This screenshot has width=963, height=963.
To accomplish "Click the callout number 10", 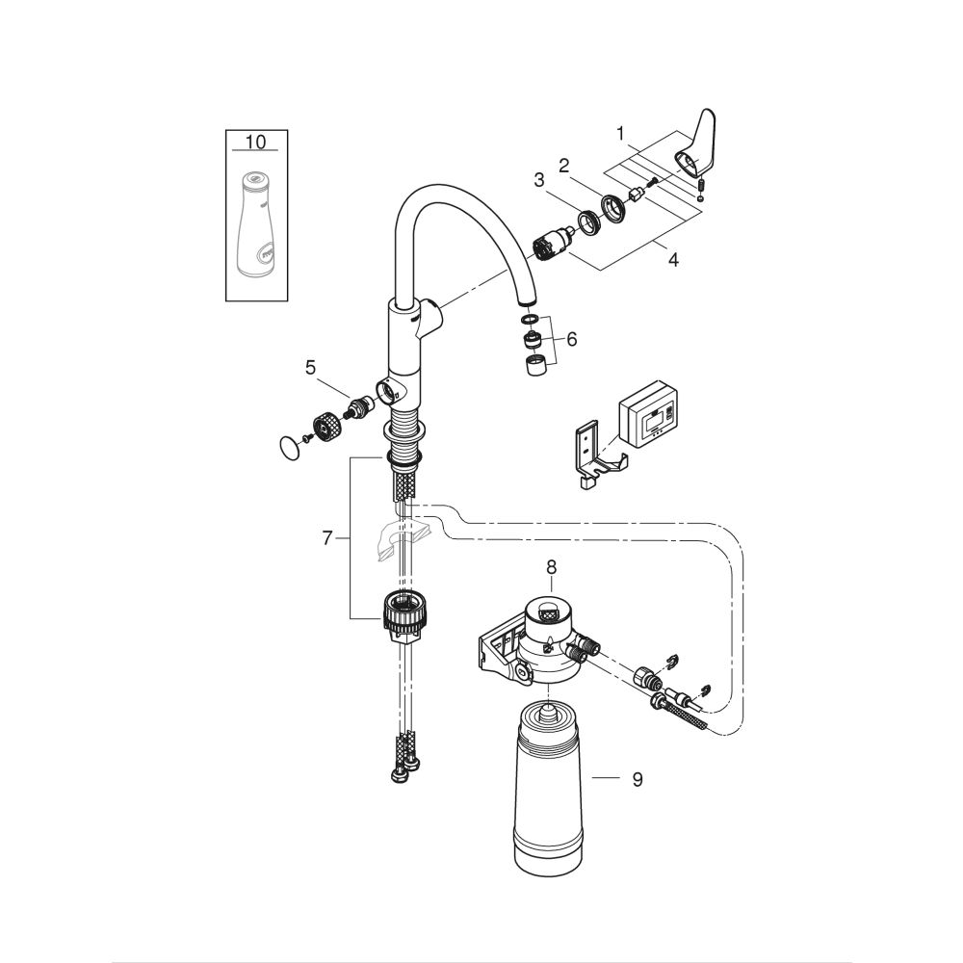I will click(255, 142).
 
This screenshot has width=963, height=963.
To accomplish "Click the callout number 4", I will click(673, 260).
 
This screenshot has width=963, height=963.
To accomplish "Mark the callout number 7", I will click(326, 538).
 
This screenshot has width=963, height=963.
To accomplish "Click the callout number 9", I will click(637, 779).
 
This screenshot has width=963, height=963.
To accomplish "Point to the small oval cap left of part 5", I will click(287, 446).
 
